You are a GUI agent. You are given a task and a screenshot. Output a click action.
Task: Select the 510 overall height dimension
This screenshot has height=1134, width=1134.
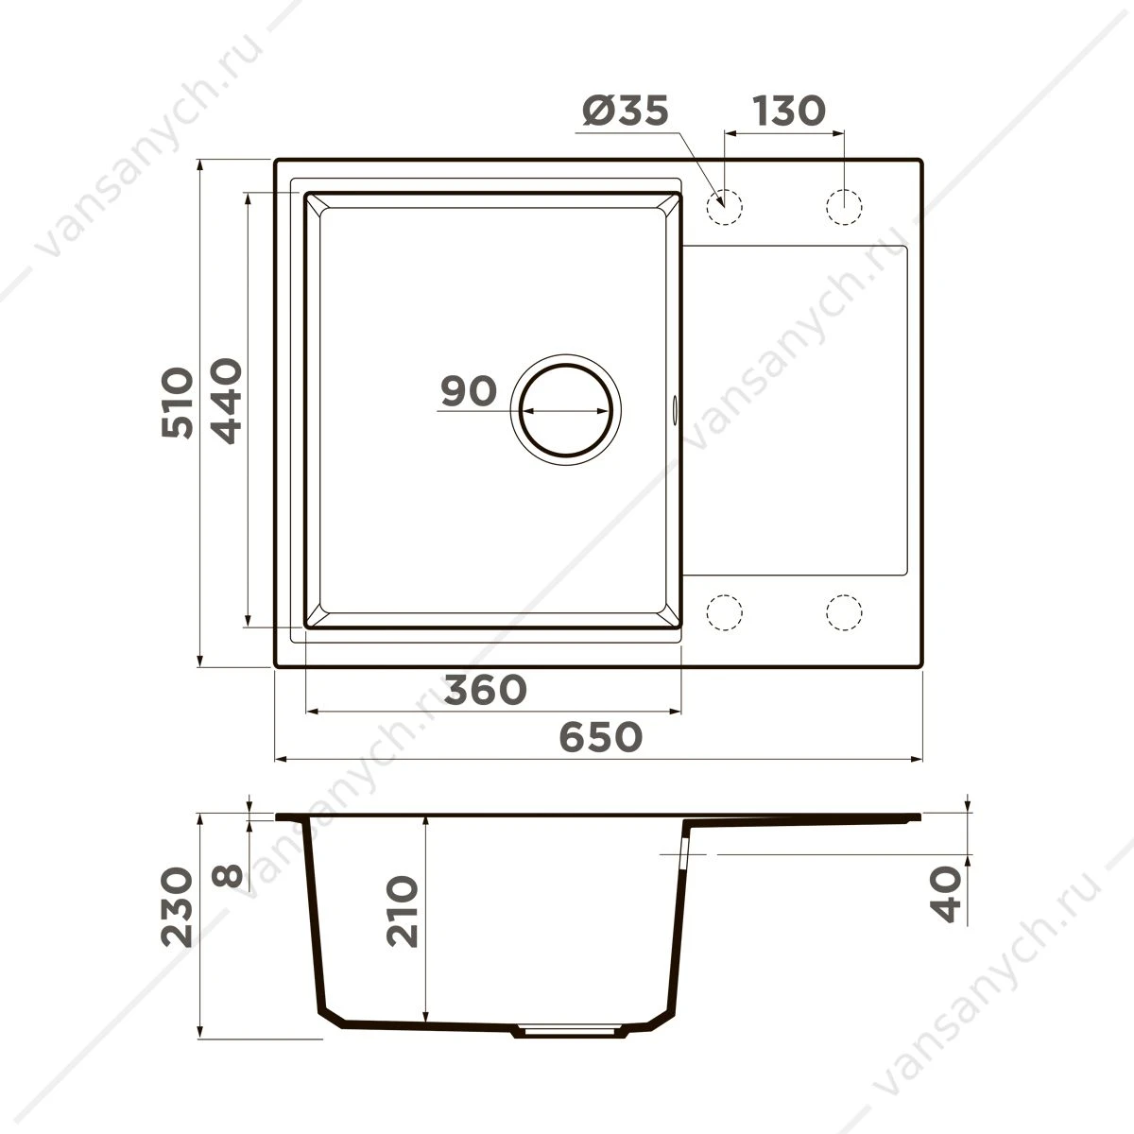[x=177, y=403]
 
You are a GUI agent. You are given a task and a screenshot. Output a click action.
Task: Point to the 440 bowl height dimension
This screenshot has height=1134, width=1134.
[x=226, y=401]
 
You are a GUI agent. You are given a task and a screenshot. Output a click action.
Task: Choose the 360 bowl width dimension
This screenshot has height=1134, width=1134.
[x=485, y=690]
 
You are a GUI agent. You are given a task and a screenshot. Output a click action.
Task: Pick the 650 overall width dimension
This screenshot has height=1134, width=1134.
[x=601, y=737]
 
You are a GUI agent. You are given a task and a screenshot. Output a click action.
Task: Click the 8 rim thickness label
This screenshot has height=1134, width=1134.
[x=227, y=876]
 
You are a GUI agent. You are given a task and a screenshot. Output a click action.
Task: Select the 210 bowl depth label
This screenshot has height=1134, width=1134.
[x=402, y=911]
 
